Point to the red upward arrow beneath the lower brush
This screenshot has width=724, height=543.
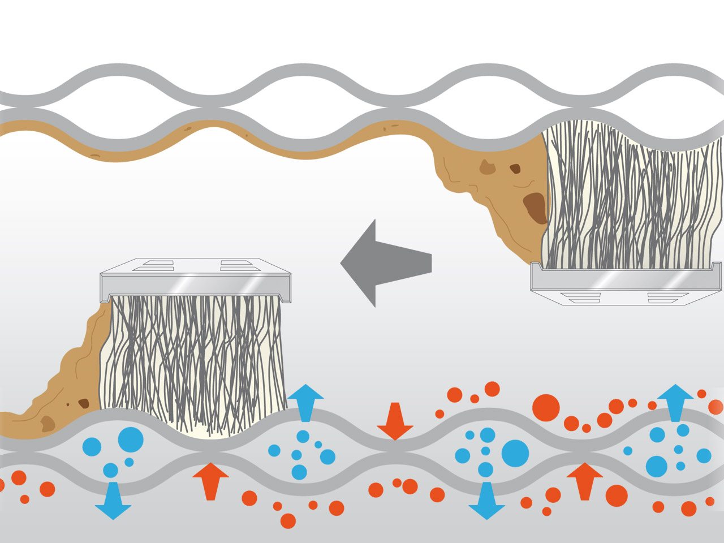(210, 481)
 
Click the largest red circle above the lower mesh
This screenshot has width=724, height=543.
(546, 408)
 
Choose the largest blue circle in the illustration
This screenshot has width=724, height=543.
(515, 453)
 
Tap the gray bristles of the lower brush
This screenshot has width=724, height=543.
(192, 356)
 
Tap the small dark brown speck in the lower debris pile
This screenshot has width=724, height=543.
(84, 403)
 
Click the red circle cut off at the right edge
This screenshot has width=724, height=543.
(717, 407)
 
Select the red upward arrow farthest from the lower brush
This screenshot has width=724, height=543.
(584, 481)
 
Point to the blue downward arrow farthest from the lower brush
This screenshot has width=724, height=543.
(486, 501)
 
